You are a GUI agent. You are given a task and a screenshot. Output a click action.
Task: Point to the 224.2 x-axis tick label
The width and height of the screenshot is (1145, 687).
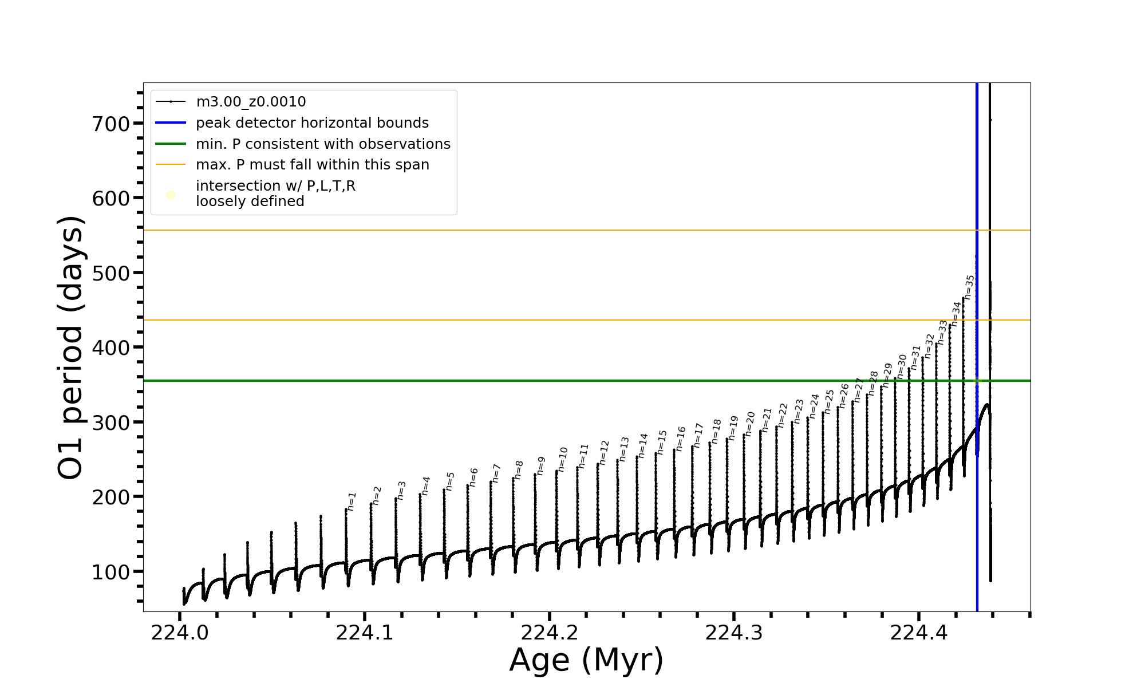tap(549, 633)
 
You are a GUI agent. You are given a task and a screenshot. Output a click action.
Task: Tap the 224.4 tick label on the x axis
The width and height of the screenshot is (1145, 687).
tap(918, 633)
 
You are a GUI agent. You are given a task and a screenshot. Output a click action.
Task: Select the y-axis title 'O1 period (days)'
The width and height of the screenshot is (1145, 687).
tap(71, 348)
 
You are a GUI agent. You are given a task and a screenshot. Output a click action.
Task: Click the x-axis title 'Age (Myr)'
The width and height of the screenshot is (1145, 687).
tap(586, 660)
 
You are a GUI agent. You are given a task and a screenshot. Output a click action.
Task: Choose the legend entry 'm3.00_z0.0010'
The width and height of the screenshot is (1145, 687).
tap(251, 102)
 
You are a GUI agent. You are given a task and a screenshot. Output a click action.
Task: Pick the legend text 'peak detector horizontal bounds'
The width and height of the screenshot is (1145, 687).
tap(312, 123)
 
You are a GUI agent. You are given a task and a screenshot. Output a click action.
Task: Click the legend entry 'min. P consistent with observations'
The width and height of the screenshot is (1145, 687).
tap(323, 144)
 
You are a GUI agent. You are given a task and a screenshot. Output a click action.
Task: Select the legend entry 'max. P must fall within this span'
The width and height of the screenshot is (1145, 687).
tap(312, 165)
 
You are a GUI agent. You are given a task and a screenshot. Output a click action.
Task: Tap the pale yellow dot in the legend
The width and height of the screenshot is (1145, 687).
tap(171, 195)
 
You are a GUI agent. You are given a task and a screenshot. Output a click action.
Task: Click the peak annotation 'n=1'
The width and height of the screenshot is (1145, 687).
tap(352, 501)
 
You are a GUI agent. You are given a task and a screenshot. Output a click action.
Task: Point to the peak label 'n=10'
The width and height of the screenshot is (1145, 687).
tap(562, 459)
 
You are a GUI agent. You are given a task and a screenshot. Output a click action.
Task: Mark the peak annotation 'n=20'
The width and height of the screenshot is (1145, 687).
tap(750, 424)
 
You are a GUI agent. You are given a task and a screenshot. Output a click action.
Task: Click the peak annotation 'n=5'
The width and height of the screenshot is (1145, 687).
tap(450, 481)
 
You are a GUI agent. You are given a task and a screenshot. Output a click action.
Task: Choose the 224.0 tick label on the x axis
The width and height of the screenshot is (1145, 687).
tap(180, 633)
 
